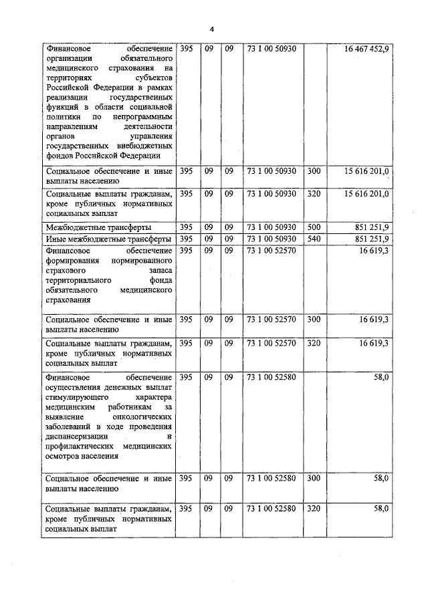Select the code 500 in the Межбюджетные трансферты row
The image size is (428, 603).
(x=314, y=227)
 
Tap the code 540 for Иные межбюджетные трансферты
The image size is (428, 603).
(x=314, y=239)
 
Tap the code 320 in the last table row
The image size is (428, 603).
(x=314, y=509)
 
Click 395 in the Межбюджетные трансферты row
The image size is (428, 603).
(x=187, y=227)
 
